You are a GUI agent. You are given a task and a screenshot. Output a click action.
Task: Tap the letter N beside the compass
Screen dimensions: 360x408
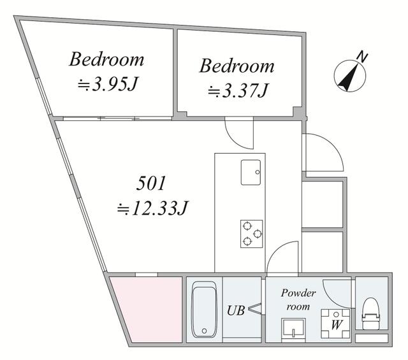[x=363, y=57]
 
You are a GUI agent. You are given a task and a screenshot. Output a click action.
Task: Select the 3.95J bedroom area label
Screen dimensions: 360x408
[x=106, y=84]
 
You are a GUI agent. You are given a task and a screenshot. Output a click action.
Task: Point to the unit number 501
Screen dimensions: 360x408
[x=152, y=184]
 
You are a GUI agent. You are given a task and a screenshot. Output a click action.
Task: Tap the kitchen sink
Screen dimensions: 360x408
[x=250, y=172]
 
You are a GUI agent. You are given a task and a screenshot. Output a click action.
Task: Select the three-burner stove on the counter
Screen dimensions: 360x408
[x=251, y=233]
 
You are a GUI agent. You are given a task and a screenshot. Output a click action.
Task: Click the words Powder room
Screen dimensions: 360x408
[x=298, y=299]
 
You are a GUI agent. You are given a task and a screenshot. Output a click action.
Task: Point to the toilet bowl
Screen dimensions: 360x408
[x=370, y=312]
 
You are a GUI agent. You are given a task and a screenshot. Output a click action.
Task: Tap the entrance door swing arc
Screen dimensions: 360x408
[x=324, y=154]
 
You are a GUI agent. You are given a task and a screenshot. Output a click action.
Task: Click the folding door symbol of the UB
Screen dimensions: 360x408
[x=254, y=310]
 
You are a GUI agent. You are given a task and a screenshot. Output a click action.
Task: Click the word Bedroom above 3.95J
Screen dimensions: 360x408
[x=106, y=60]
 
